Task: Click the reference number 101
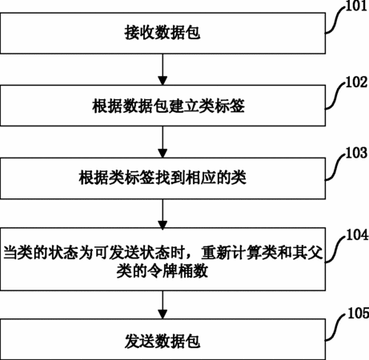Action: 357,6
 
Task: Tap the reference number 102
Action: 357,82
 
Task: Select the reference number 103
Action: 357,153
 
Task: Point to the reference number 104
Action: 358,234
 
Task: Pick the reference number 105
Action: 359,313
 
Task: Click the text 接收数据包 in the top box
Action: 162,33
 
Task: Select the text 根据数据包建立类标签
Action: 168,106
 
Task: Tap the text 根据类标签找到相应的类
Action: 162,178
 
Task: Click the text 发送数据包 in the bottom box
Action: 162,341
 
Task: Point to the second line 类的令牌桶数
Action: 162,271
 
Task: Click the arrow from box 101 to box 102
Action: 162,70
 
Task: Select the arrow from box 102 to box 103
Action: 162,142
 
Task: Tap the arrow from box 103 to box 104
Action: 162,214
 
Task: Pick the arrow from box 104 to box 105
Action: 162,305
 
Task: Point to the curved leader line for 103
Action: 335,166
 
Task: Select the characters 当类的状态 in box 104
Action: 34,253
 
